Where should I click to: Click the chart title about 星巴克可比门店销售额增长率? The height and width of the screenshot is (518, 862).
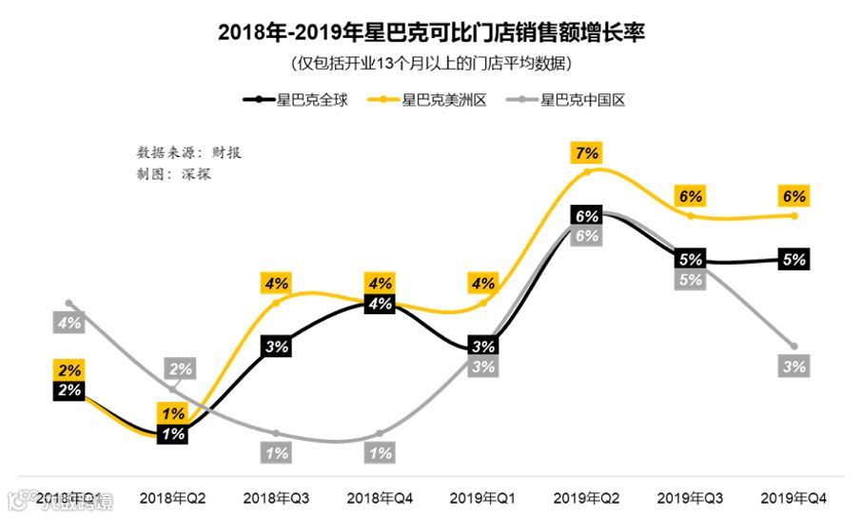tap(431, 31)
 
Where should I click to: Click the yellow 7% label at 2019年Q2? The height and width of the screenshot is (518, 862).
tap(587, 152)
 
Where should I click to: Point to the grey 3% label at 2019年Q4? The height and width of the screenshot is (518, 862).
tap(794, 367)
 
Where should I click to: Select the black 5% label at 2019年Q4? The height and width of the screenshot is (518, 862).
tap(794, 258)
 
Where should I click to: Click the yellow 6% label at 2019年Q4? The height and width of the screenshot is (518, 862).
tap(794, 196)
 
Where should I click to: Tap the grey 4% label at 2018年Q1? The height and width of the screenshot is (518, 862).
tap(69, 323)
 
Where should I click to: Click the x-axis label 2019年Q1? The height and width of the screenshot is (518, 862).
tap(483, 498)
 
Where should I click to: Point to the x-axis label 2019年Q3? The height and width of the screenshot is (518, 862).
tap(691, 498)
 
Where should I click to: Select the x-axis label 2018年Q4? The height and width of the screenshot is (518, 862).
tap(380, 498)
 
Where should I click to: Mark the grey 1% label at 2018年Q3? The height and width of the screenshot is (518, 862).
tap(277, 454)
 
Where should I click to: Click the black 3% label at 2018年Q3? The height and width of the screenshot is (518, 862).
tap(277, 347)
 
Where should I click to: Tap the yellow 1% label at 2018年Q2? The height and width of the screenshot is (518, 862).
tap(173, 414)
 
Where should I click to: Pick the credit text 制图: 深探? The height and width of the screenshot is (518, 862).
tap(173, 174)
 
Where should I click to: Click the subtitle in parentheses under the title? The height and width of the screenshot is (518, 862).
tap(431, 64)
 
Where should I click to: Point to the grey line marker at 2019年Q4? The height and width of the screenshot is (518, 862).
tap(794, 345)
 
